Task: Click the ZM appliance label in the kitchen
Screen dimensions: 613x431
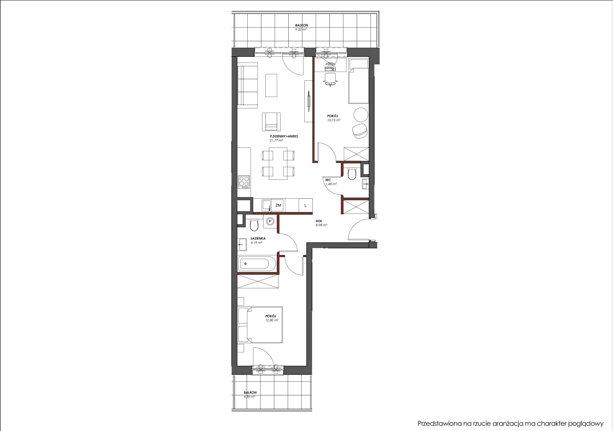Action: point(278,205)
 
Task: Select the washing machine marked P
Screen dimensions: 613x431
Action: point(270,221)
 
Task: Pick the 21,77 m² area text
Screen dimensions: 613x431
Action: point(276,140)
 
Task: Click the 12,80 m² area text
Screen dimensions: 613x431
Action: point(272,320)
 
